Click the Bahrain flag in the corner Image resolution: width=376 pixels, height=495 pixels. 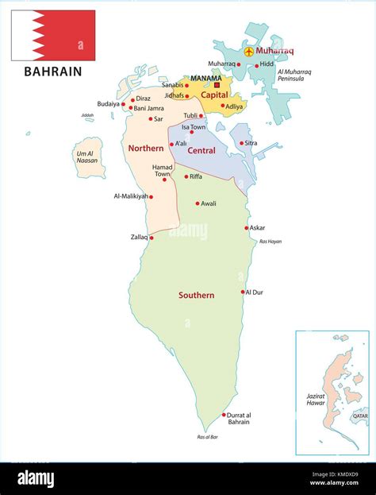(52, 36)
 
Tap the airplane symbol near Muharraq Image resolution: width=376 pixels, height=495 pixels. (250, 52)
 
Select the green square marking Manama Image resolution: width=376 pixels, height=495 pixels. (218, 86)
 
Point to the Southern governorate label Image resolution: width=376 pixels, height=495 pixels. (196, 295)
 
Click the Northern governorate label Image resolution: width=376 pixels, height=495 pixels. (146, 148)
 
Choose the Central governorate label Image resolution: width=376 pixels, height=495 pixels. (201, 150)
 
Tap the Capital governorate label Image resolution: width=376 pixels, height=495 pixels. (214, 95)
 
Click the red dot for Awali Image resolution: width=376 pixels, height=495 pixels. (198, 203)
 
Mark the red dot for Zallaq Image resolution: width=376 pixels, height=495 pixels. (151, 237)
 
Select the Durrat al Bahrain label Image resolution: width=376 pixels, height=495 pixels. (238, 418)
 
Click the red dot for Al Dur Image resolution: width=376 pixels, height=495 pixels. (243, 292)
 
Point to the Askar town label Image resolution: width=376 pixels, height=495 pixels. (257, 228)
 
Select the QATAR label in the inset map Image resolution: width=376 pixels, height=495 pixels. (360, 416)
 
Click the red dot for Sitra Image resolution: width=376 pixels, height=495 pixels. (241, 144)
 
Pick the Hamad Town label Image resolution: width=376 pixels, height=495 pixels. (162, 171)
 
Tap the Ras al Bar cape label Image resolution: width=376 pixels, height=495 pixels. (208, 437)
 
